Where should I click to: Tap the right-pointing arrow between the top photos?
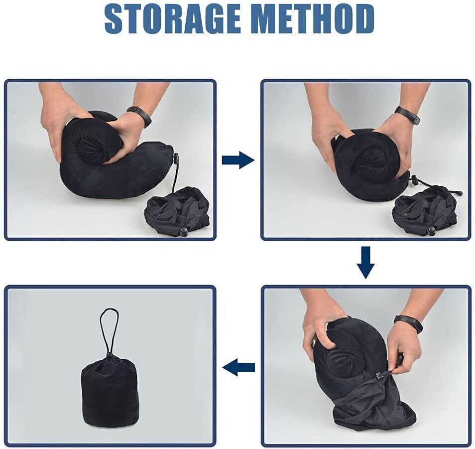(x=237, y=160)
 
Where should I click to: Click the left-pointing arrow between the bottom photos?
(x=238, y=368)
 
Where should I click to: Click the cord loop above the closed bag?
(x=109, y=329)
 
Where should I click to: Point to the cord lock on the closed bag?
(x=109, y=355)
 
